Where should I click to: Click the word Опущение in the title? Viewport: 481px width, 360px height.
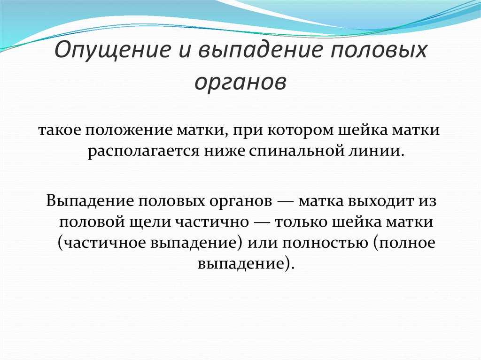[x=112, y=50]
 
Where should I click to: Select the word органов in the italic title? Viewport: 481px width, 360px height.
[x=240, y=82]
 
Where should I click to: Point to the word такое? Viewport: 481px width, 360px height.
[x=59, y=130]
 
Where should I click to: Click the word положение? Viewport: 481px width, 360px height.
[x=128, y=130]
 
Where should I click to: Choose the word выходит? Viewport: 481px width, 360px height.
[x=380, y=201]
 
